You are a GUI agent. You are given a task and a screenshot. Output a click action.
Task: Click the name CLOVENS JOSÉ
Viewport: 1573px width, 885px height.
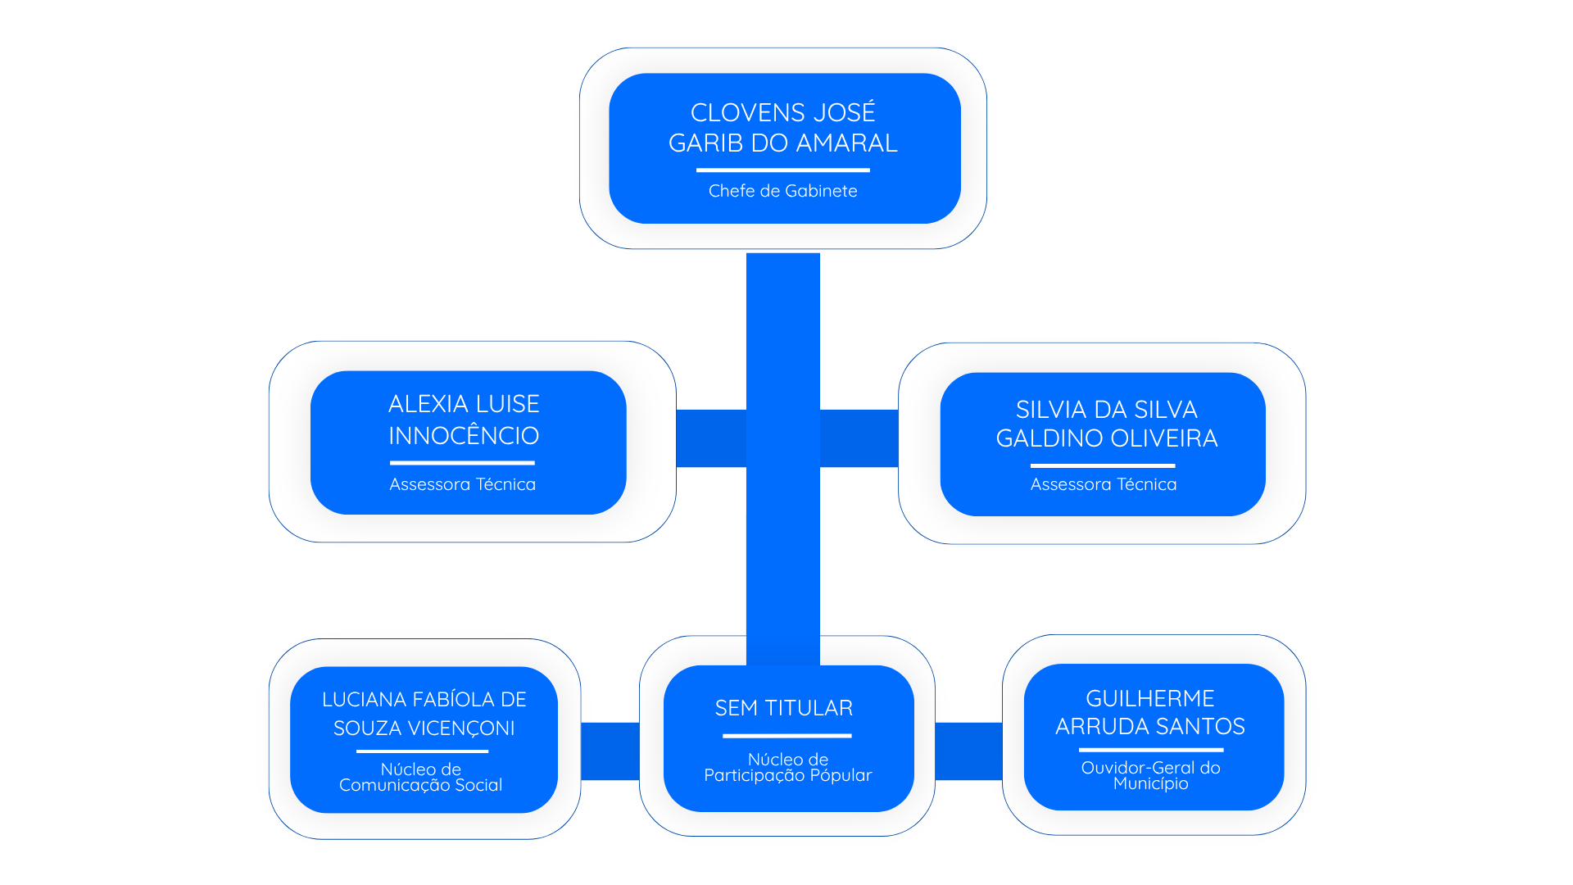pyautogui.click(x=782, y=111)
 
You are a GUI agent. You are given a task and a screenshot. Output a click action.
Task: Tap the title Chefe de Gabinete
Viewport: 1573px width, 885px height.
pyautogui.click(x=782, y=191)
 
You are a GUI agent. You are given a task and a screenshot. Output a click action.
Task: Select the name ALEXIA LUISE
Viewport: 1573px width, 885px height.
pyautogui.click(x=464, y=404)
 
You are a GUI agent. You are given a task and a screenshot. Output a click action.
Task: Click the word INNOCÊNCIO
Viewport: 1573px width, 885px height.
pyautogui.click(x=464, y=435)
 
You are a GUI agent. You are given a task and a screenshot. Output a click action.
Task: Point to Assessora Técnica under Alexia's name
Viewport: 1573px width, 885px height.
pyautogui.click(x=462, y=484)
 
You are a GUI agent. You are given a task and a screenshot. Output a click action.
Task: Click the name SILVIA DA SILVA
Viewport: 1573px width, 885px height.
pyautogui.click(x=1106, y=409)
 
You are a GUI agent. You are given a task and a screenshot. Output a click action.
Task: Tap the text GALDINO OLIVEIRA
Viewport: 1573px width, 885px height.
pyautogui.click(x=1106, y=438)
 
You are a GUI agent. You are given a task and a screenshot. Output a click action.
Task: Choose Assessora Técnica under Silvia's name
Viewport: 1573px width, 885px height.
pyautogui.click(x=1103, y=484)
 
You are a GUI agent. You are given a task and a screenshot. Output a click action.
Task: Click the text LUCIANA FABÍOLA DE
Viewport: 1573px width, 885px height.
pyautogui.click(x=424, y=699)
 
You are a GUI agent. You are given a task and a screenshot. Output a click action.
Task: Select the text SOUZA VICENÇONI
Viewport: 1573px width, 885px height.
pyautogui.click(x=424, y=728)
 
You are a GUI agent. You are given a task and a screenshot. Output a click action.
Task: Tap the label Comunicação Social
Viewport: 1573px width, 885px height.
pyautogui.click(x=420, y=785)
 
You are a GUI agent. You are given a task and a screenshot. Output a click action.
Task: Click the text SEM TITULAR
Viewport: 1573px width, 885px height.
pyautogui.click(x=783, y=708)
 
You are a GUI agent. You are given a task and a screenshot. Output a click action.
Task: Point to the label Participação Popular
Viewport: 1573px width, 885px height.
pyautogui.click(x=787, y=775)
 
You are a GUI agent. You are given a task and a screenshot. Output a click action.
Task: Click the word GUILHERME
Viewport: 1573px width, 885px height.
pyautogui.click(x=1149, y=698)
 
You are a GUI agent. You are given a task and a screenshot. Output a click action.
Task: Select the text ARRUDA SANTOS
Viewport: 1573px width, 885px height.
pyautogui.click(x=1149, y=726)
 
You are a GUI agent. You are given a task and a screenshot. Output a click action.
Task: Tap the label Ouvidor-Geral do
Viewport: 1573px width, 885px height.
pyautogui.click(x=1150, y=768)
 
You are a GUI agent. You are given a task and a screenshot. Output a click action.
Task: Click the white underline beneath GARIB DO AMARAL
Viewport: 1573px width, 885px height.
pyautogui.click(x=782, y=170)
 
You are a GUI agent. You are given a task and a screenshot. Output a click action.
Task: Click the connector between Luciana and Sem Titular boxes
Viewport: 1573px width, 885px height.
pyautogui.click(x=610, y=751)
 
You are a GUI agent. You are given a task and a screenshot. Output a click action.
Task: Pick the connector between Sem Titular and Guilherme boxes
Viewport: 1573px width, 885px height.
pyautogui.click(x=968, y=751)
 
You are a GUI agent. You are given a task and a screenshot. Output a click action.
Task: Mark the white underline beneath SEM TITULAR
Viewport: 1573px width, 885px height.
pyautogui.click(x=786, y=736)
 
